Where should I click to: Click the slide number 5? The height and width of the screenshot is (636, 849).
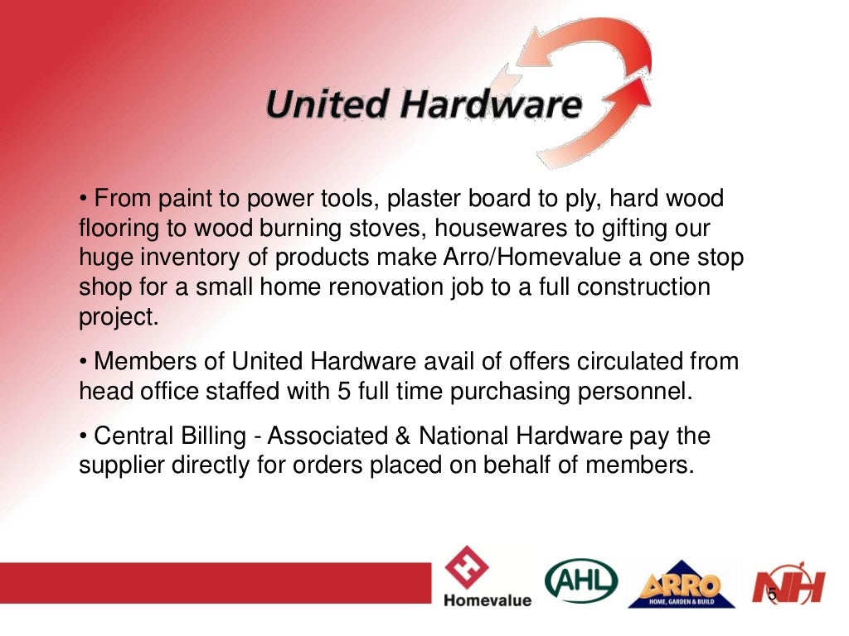point(772,594)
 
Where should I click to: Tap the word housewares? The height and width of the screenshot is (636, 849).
point(514,228)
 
